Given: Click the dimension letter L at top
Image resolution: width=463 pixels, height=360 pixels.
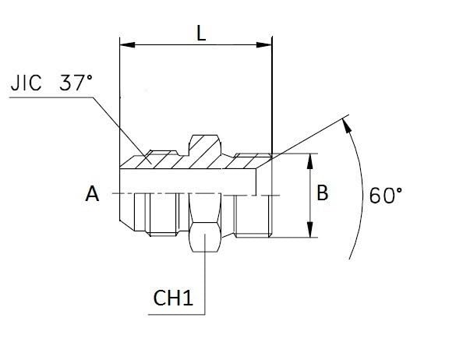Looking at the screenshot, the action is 201,33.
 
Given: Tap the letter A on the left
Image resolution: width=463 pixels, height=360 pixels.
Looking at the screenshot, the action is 92,194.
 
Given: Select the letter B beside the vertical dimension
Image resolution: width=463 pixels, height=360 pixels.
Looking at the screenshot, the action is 322,192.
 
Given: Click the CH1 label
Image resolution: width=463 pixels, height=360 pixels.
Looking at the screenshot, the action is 173,298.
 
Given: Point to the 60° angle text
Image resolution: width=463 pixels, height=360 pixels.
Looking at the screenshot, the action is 386,195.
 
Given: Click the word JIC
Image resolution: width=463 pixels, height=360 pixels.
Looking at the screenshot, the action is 26,83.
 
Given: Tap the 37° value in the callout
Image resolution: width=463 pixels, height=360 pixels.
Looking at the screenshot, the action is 76,83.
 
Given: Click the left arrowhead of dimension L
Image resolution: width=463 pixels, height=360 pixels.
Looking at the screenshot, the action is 127,45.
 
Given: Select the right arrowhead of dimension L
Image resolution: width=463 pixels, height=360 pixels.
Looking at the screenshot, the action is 264,45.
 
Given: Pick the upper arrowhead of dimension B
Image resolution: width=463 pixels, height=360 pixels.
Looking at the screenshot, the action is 309,161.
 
